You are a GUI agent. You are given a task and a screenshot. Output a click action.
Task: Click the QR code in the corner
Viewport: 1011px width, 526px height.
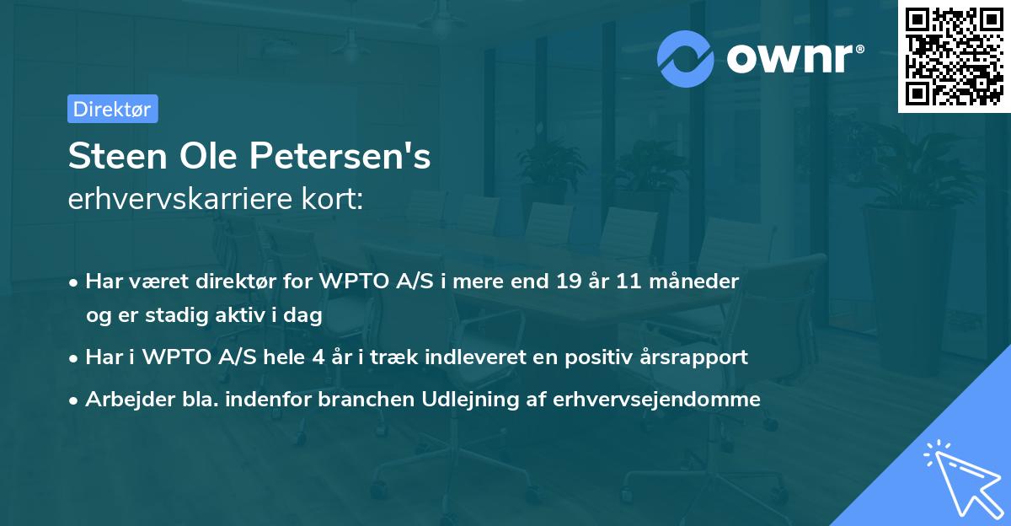[953, 56]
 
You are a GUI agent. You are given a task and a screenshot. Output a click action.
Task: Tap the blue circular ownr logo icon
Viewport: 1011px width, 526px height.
[686, 58]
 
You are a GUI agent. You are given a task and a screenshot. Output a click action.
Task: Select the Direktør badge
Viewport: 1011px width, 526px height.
[112, 109]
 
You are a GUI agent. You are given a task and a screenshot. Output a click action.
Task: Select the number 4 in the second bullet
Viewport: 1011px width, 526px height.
[317, 357]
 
